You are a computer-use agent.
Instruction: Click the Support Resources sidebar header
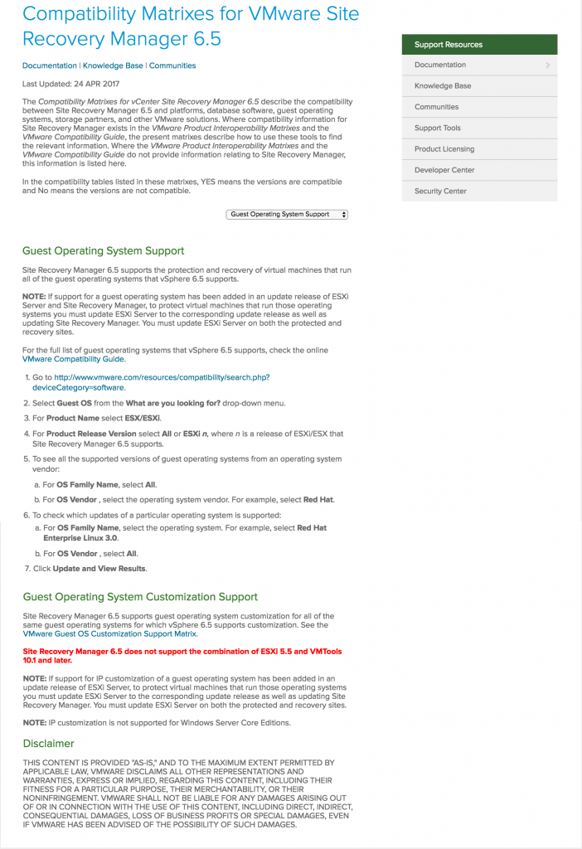pyautogui.click(x=448, y=45)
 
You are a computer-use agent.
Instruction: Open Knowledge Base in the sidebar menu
pyautogui.click(x=442, y=86)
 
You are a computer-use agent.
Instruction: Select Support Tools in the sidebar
pyautogui.click(x=437, y=129)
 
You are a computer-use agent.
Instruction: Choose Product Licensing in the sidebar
pyautogui.click(x=444, y=149)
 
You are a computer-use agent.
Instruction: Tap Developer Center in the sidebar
pyautogui.click(x=444, y=170)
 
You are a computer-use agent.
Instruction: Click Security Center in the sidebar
pyautogui.click(x=440, y=192)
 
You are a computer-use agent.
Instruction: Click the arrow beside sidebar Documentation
pyautogui.click(x=548, y=65)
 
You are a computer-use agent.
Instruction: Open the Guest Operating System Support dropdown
pyautogui.click(x=287, y=215)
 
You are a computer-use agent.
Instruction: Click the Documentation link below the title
pyautogui.click(x=49, y=65)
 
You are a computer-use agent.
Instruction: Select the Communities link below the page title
pyautogui.click(x=172, y=65)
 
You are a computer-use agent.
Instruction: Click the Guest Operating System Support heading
pyautogui.click(x=103, y=251)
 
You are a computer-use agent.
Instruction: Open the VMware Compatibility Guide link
pyautogui.click(x=74, y=359)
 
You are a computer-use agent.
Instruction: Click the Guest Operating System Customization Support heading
pyautogui.click(x=140, y=597)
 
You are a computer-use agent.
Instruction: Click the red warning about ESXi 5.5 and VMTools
pyautogui.click(x=182, y=656)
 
